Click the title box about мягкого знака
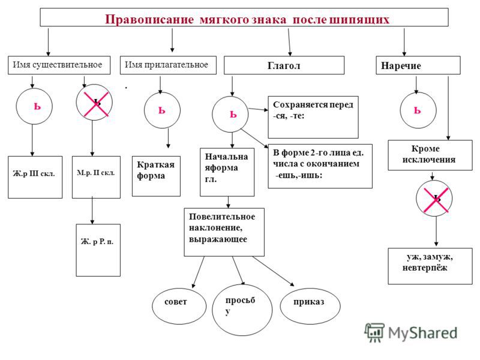click(x=244, y=17)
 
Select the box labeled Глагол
click(x=284, y=65)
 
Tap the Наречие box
click(x=417, y=65)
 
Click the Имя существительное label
click(x=54, y=64)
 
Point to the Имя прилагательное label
click(x=166, y=64)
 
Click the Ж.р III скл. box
click(x=35, y=177)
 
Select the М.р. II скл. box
click(x=96, y=177)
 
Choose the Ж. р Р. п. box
click(x=98, y=242)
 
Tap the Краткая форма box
click(x=156, y=176)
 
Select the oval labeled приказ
click(x=308, y=302)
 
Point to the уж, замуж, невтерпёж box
click(x=430, y=266)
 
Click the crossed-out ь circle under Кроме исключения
click(x=434, y=199)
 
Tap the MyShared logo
click(x=410, y=332)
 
